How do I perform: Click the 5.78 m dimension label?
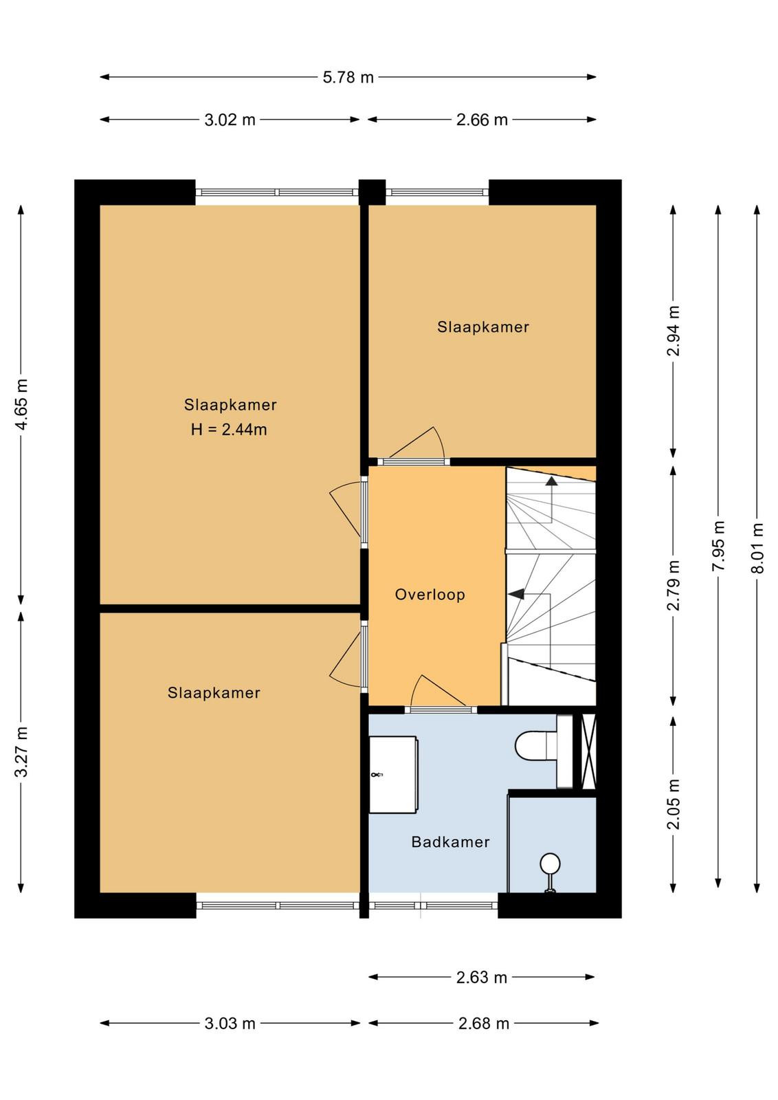pyautogui.click(x=348, y=78)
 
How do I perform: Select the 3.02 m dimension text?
pyautogui.click(x=230, y=120)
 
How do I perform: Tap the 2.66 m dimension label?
pyautogui.click(x=482, y=120)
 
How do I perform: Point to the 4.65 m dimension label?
pyautogui.click(x=22, y=404)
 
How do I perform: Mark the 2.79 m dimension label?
pyautogui.click(x=674, y=585)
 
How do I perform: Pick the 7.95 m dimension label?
pyautogui.click(x=719, y=546)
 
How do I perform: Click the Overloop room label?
pyautogui.click(x=430, y=595)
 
